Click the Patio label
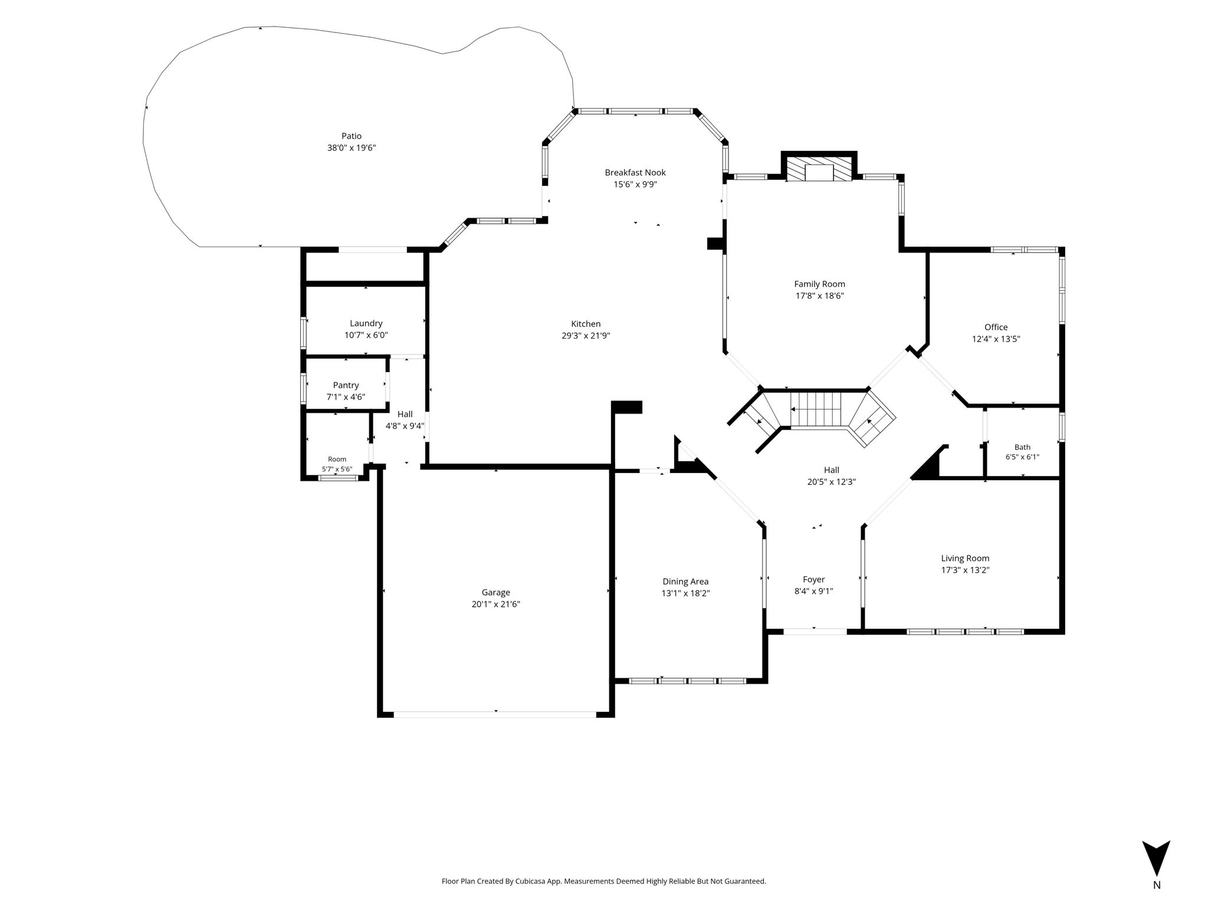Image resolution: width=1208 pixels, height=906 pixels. pos(351,136)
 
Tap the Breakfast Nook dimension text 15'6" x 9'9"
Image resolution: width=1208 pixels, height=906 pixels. pos(635,185)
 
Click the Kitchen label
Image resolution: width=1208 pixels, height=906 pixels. pos(586,324)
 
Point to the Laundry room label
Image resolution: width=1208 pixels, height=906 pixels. pos(366,323)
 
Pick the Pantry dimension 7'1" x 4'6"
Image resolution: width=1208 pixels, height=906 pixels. pos(346,397)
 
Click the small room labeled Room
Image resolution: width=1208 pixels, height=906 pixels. pos(337,459)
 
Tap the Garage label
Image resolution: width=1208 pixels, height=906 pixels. pos(495,593)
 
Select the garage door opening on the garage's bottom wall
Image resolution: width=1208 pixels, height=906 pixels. pos(495,714)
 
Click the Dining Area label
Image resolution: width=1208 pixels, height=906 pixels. pos(685,582)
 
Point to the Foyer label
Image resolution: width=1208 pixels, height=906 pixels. pos(814,580)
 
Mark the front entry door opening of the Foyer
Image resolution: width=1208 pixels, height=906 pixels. pos(815,631)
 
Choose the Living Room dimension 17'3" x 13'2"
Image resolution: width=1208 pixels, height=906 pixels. pos(965,570)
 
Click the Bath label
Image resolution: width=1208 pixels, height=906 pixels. pos(1022,447)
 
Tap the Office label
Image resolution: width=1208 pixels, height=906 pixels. pos(996,327)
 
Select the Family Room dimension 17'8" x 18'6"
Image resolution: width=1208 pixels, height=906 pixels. pos(819,296)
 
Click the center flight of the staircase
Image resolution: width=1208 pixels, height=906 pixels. pos(815,409)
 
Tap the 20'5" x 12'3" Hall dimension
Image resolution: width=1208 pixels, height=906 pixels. pos(832,482)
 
